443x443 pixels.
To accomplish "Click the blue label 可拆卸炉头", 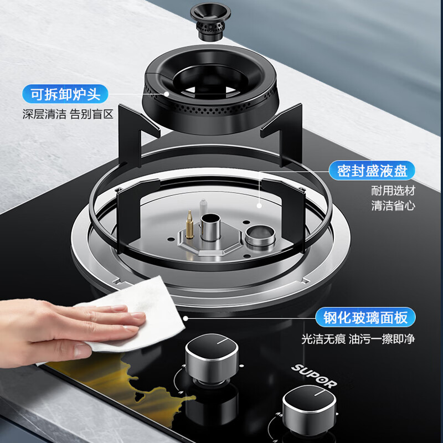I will tap(65, 94).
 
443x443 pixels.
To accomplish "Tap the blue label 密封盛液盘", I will tap(372, 170).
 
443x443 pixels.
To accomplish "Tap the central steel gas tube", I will tap(210, 225).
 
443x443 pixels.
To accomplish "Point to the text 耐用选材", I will tap(393, 191).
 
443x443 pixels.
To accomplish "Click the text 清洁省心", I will tap(393, 206).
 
